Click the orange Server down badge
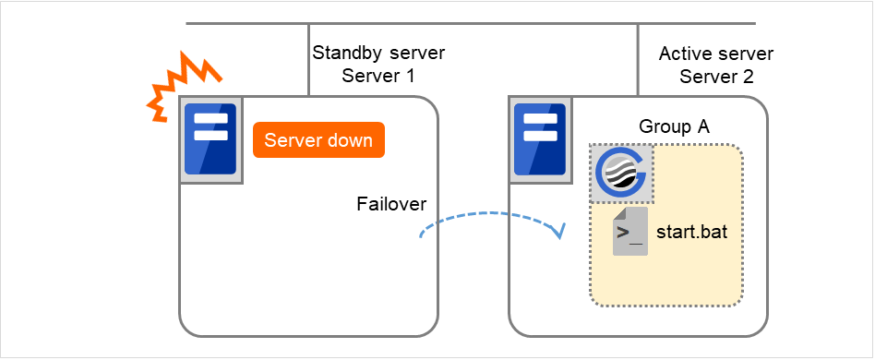point(318,140)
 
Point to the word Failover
point(391,203)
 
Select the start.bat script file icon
point(629,232)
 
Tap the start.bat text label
point(691,232)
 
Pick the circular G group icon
point(621,173)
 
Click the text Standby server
point(378,54)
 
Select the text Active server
point(716,54)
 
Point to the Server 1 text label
point(378,76)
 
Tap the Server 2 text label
point(716,76)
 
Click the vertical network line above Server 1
point(308,59)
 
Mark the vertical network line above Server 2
point(638,59)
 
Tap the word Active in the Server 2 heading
point(683,54)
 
